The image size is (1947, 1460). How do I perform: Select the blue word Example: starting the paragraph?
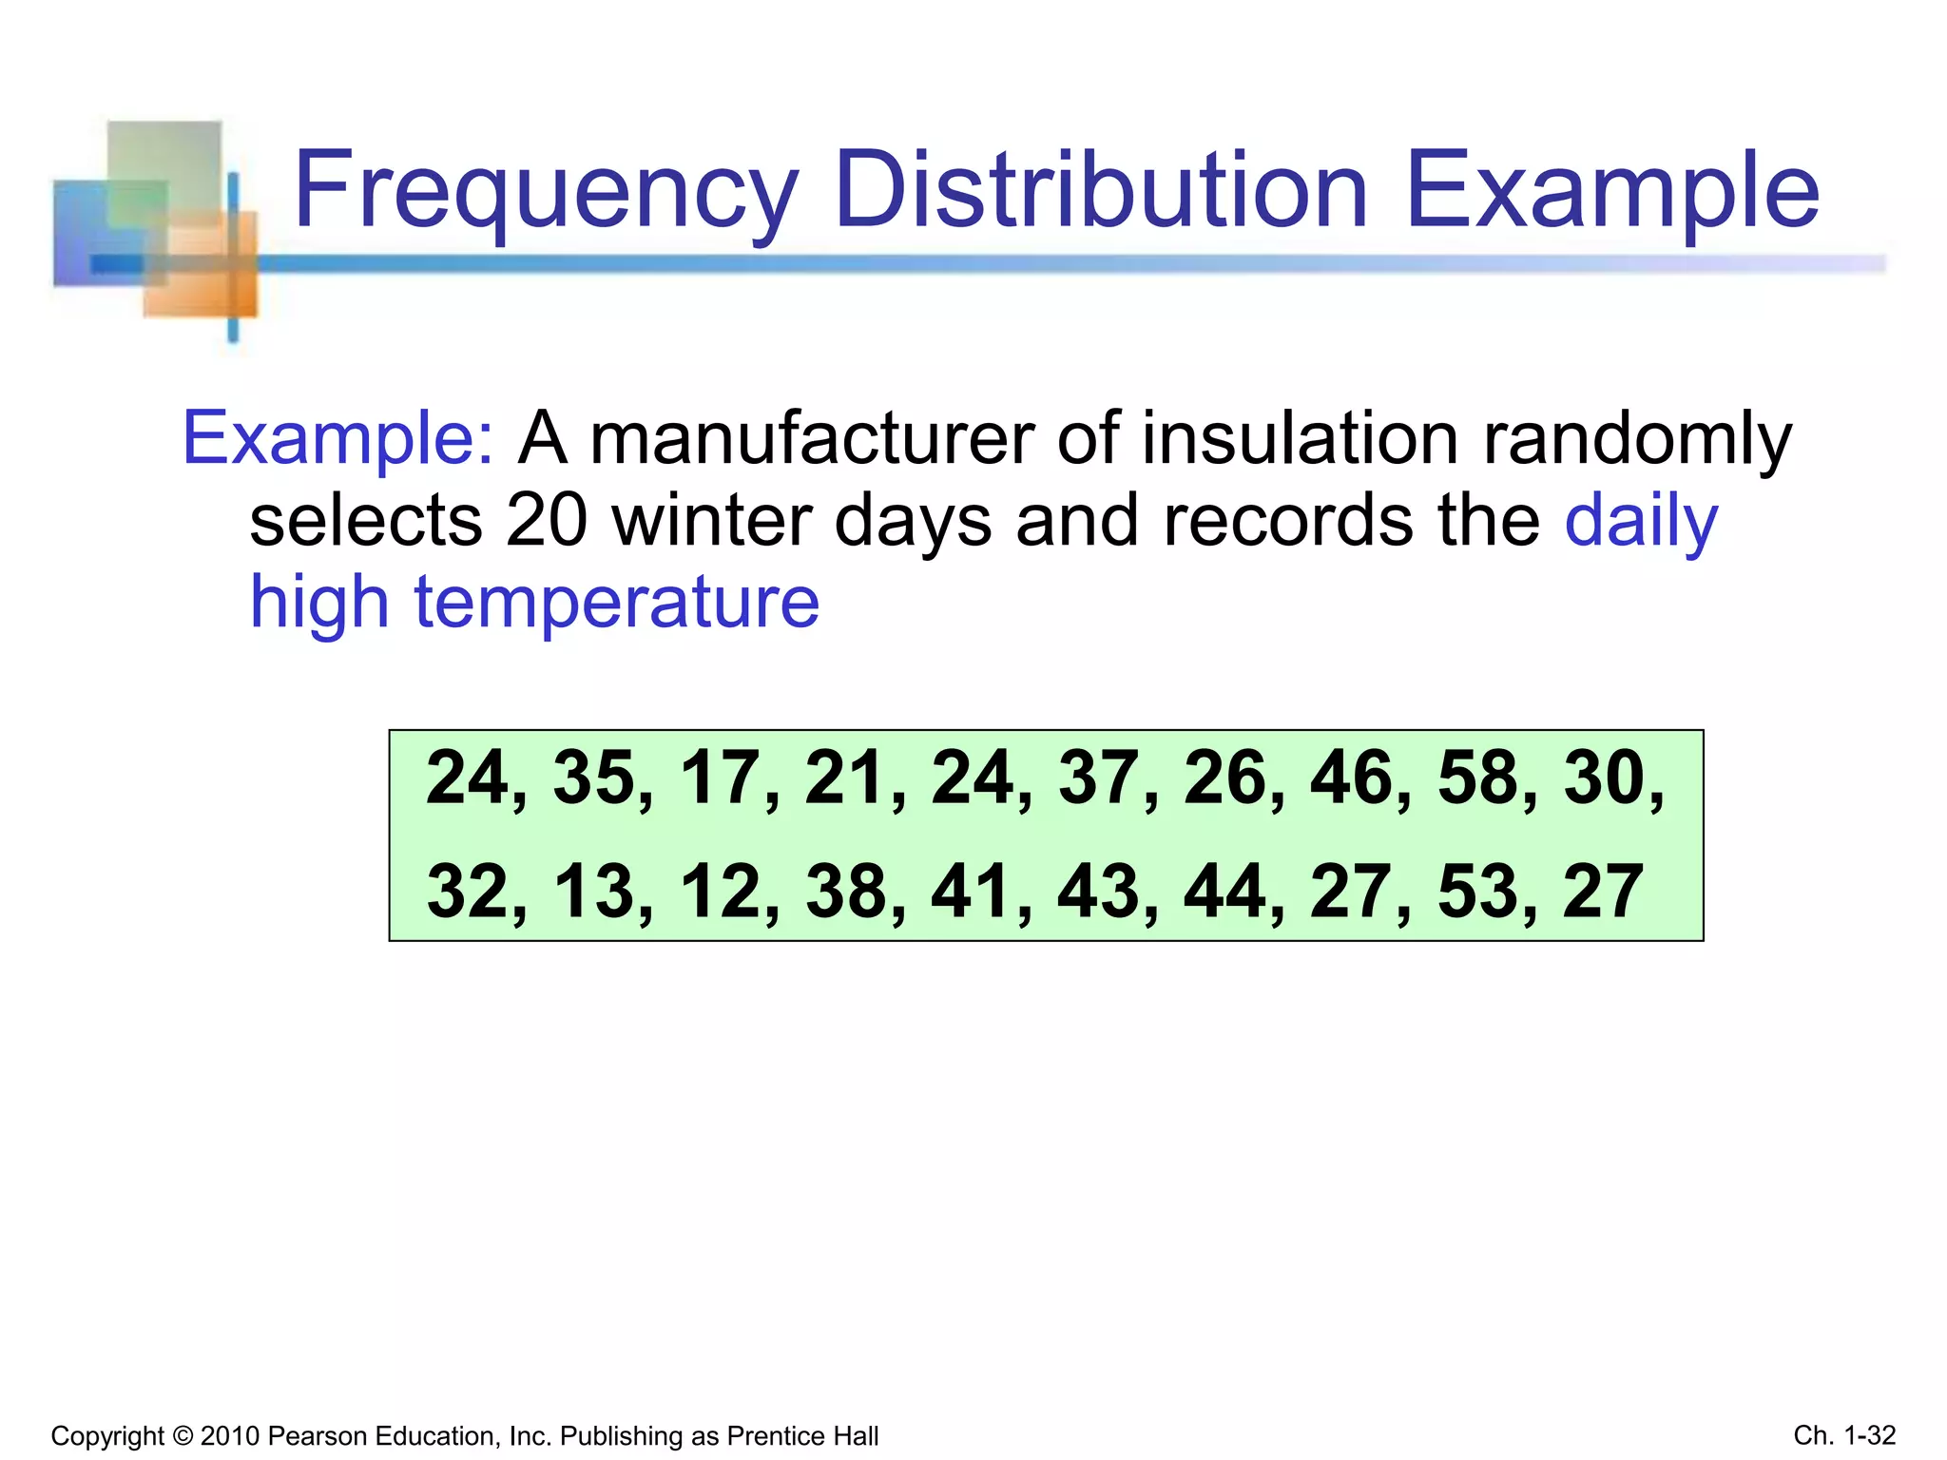pos(337,438)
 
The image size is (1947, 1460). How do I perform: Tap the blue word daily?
pos(1641,521)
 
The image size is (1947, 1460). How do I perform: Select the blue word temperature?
pos(617,603)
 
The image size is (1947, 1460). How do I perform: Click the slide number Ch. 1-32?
pos(1844,1435)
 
